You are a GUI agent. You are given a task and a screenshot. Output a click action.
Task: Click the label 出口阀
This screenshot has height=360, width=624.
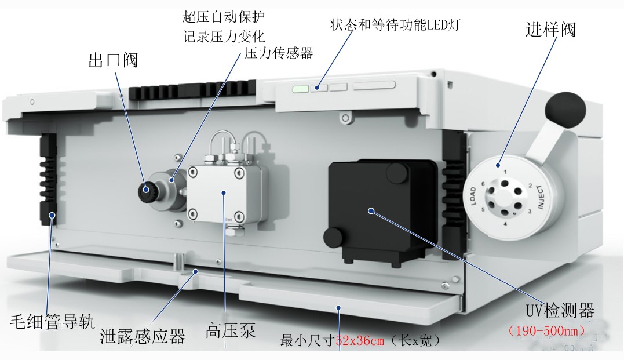pos(114,60)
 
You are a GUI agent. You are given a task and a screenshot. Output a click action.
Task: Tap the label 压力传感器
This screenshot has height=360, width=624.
pos(279,53)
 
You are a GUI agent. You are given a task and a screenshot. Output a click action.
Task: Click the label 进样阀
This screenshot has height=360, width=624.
pos(550,30)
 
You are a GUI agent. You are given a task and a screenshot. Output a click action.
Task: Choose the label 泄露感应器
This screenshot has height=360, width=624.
pos(143,336)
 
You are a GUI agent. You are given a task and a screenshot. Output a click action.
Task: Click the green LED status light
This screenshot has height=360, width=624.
pos(301,89)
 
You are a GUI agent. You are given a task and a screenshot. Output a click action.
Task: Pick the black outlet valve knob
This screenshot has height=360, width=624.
pos(147,188)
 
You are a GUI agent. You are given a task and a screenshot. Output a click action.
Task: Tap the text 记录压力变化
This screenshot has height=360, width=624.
pos(224,36)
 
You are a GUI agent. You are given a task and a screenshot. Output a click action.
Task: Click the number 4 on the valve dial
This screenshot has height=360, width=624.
pos(505,224)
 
